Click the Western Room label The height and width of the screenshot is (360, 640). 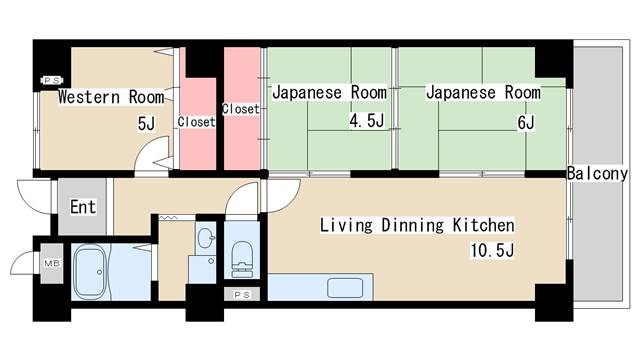pos(111,97)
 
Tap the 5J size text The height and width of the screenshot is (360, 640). pos(146,123)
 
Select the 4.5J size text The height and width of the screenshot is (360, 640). pos(367,122)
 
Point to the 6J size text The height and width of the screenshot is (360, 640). pos(526,122)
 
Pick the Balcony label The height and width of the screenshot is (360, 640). pos(597,173)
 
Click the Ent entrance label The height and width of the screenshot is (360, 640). pos(82,209)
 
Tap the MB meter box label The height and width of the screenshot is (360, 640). pos(51,264)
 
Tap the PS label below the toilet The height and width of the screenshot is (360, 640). pos(242,295)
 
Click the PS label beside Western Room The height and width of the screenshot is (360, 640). pos(51,80)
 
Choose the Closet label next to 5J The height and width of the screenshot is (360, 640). pos(196,122)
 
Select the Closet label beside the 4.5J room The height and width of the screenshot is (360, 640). pos(240,108)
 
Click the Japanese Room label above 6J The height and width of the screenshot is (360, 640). pos(483,92)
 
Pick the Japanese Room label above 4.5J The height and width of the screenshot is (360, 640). pos(329,92)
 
